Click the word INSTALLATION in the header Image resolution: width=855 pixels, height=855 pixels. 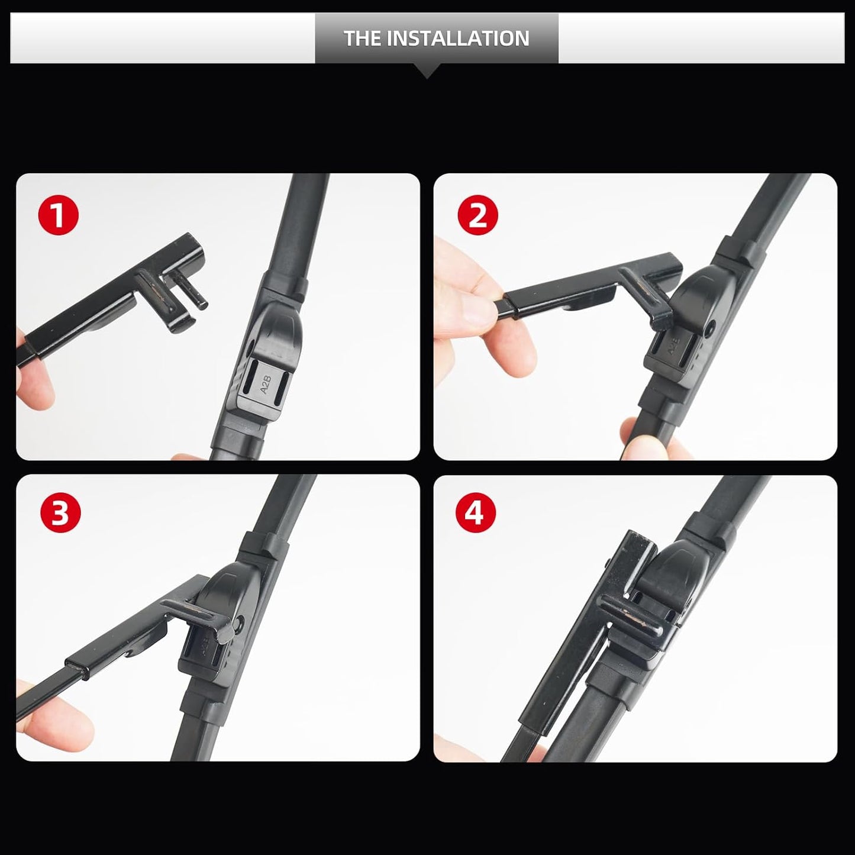coord(458,38)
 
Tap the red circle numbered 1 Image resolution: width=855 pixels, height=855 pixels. coord(58,216)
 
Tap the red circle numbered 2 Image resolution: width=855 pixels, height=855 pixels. coord(478,216)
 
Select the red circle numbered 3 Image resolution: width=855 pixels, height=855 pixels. coord(60,513)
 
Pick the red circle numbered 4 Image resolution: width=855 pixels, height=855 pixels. coord(476,513)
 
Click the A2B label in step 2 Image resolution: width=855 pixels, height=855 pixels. coord(673,350)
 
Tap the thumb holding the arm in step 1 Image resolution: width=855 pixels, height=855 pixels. coord(33,385)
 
